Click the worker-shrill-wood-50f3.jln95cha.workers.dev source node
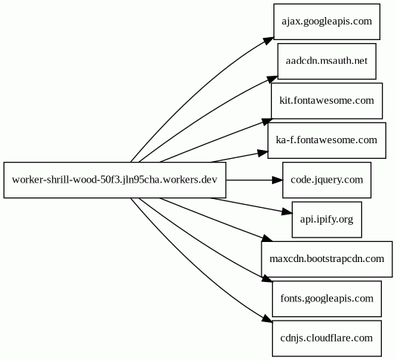[114, 180]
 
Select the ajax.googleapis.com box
[327, 22]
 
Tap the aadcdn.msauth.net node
[327, 61]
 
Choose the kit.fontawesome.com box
[327, 101]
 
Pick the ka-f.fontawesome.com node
[327, 140]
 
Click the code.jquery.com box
[327, 180]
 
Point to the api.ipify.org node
[327, 220]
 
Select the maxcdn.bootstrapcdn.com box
[327, 259]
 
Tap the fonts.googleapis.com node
[327, 298]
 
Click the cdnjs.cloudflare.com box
[327, 338]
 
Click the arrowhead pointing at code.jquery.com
[277, 180]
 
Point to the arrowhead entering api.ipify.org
[287, 212]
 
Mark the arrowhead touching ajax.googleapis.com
[268, 40]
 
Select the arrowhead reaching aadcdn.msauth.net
[272, 79]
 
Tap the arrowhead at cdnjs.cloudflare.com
[267, 319]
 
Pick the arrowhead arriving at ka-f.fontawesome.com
[262, 153]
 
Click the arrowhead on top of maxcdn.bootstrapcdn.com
[267, 238]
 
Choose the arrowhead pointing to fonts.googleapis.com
[267, 278]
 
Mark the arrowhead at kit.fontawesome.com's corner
[267, 122]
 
